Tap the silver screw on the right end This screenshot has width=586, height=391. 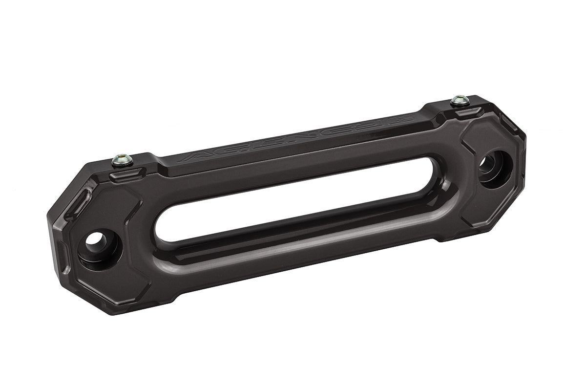click(x=460, y=100)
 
